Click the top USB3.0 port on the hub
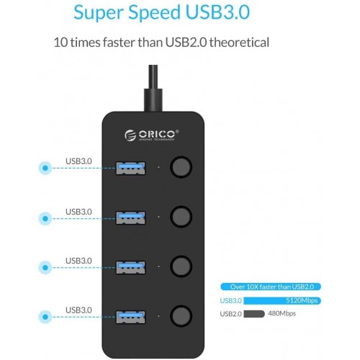[130, 168]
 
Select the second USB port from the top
[130, 217]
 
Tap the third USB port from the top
[130, 267]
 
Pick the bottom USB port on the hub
[130, 317]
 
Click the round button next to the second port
[181, 217]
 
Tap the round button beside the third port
[181, 266]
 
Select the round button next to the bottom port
[181, 316]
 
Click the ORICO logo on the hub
[152, 135]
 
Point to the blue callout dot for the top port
[45, 168]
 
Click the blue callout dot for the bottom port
[45, 317]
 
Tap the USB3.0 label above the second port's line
[78, 212]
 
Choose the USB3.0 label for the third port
[78, 261]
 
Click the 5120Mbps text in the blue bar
[302, 300]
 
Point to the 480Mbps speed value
[282, 313]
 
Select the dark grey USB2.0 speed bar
[254, 314]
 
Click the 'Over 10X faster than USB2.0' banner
[271, 287]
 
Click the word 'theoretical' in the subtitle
[239, 42]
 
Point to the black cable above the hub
[153, 89]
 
